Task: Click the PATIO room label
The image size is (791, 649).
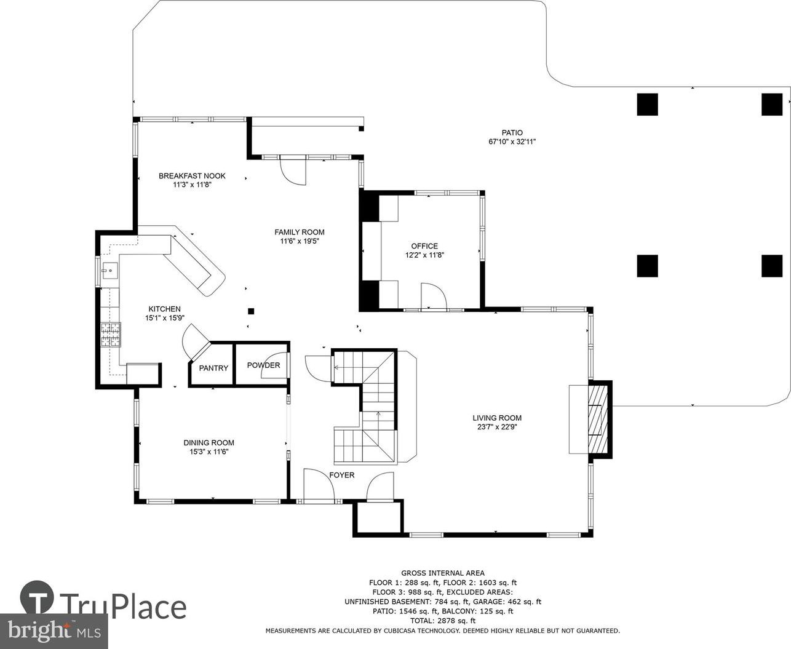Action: pyautogui.click(x=512, y=132)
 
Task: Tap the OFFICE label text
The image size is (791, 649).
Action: pyautogui.click(x=424, y=246)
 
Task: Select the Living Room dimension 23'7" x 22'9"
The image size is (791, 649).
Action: pyautogui.click(x=497, y=426)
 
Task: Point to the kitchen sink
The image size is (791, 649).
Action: pyautogui.click(x=109, y=271)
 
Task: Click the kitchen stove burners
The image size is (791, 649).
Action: pyautogui.click(x=111, y=334)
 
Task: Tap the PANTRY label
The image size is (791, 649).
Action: pyautogui.click(x=213, y=368)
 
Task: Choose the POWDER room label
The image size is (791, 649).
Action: pyautogui.click(x=263, y=365)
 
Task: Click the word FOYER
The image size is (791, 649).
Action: pyautogui.click(x=341, y=475)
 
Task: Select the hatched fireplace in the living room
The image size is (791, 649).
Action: pyautogui.click(x=598, y=420)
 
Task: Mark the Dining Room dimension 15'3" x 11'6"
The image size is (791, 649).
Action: pyautogui.click(x=209, y=452)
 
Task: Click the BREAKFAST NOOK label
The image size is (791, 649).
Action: pyautogui.click(x=192, y=175)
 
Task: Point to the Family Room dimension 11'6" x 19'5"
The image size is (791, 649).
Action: pyautogui.click(x=300, y=241)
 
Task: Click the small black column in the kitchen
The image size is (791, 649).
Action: pyautogui.click(x=251, y=311)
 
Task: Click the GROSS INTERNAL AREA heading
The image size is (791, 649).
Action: pyautogui.click(x=443, y=573)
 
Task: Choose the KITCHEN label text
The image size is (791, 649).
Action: pyautogui.click(x=165, y=309)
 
